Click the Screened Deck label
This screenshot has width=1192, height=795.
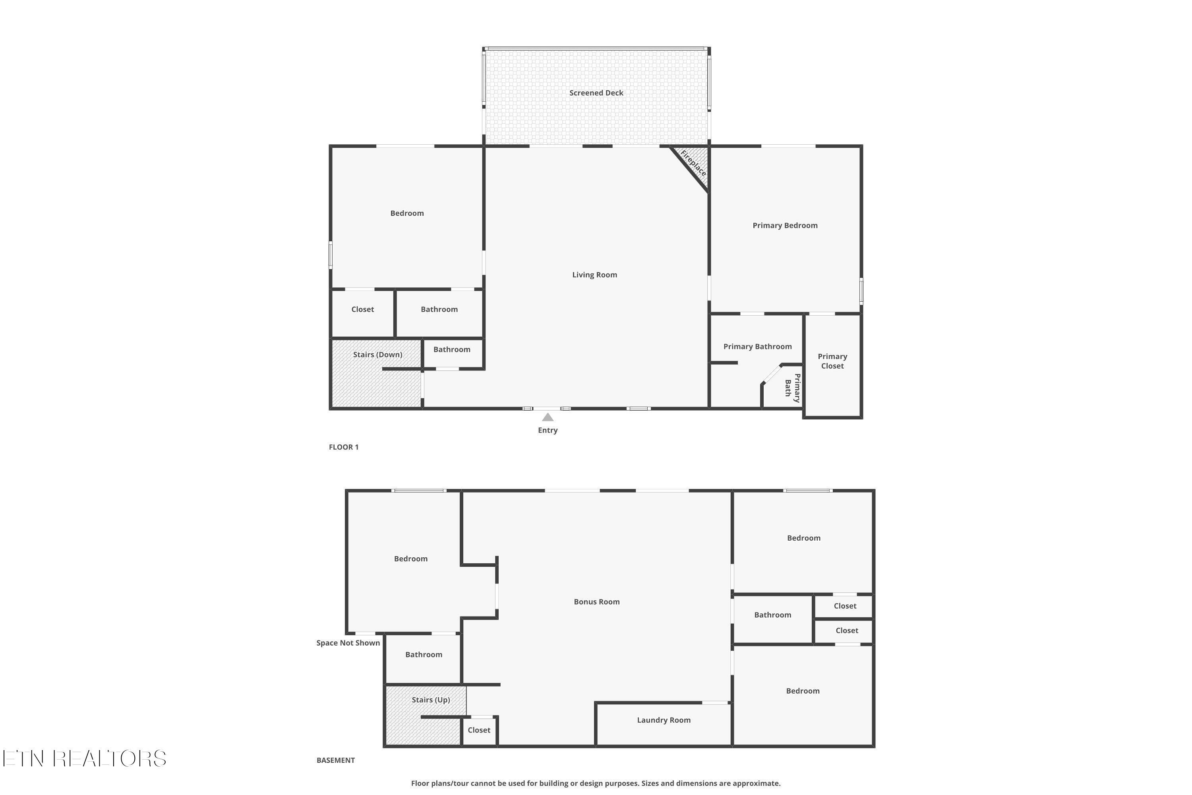(x=596, y=93)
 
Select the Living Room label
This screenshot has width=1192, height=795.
(x=594, y=275)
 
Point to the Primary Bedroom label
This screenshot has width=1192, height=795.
(x=785, y=226)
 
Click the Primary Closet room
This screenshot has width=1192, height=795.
(x=833, y=365)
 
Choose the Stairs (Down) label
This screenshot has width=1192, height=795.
(x=377, y=355)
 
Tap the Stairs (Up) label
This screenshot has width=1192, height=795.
(x=431, y=700)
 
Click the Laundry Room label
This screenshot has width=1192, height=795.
(x=664, y=720)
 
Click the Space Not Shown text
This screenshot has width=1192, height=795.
(x=348, y=643)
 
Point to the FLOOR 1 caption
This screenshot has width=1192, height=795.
(x=344, y=447)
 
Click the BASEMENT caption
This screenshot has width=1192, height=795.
(x=335, y=760)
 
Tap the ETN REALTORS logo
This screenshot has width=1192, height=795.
(x=84, y=758)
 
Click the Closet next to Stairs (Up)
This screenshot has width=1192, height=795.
(x=479, y=731)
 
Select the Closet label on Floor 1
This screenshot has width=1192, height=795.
(x=362, y=309)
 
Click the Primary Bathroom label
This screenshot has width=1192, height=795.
(x=758, y=346)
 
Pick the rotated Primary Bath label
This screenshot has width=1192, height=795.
(x=793, y=388)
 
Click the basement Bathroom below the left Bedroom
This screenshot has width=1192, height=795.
(x=424, y=658)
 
